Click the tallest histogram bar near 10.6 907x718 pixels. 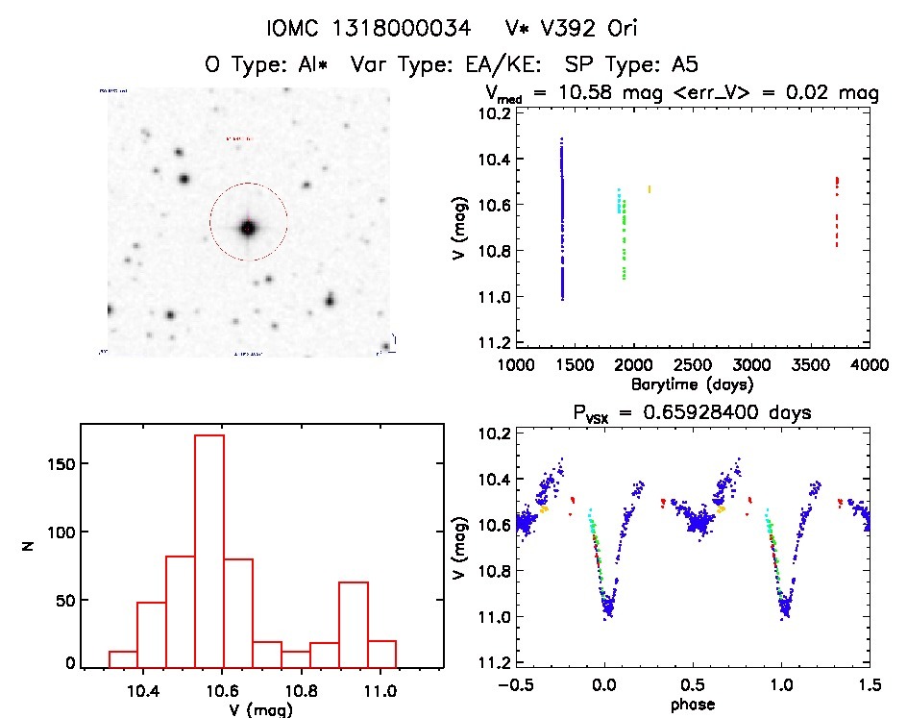click(208, 550)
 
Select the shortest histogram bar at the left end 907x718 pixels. click(123, 658)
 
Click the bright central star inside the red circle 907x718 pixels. click(248, 228)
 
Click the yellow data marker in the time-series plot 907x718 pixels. click(650, 188)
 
